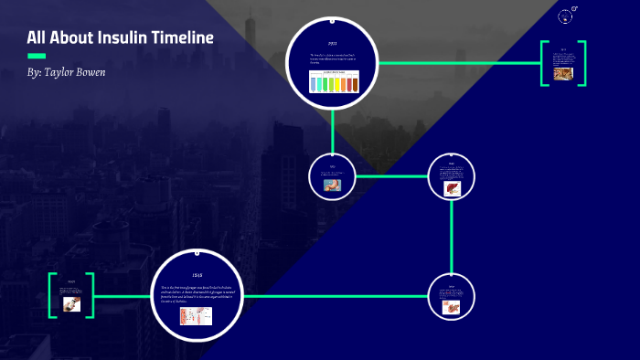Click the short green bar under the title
[37, 56]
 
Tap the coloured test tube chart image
[333, 84]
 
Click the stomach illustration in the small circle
[332, 184]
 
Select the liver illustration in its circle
[452, 188]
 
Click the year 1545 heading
[197, 275]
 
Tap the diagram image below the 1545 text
[196, 314]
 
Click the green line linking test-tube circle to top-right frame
[457, 63]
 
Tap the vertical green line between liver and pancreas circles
[452, 238]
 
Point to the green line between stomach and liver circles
[391, 175]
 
